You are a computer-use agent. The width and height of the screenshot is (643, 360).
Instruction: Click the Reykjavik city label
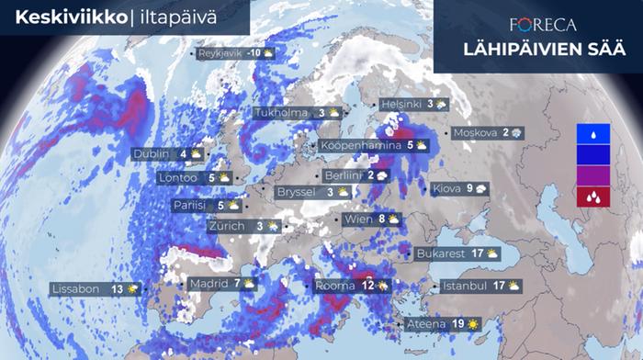(x=220, y=54)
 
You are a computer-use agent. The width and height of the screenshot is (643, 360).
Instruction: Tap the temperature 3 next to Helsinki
(x=429, y=105)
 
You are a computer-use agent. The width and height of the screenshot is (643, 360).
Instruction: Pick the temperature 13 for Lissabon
(x=117, y=289)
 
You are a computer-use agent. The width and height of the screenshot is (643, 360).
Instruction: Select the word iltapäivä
(x=178, y=15)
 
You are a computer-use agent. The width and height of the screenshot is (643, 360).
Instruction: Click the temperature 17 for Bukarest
(x=478, y=253)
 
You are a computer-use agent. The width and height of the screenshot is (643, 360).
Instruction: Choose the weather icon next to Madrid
(x=250, y=284)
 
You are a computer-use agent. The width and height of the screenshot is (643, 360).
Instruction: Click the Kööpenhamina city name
(x=361, y=145)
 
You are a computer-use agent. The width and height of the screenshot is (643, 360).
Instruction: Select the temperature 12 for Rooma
(x=367, y=286)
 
